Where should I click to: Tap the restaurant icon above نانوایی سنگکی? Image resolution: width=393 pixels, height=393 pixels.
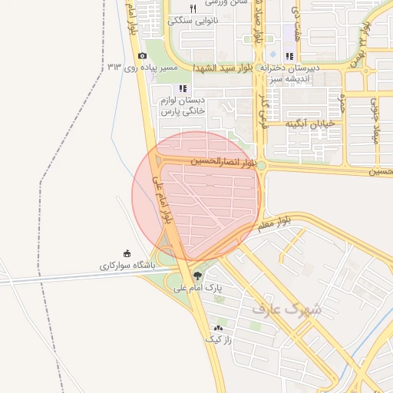(x=193, y=8)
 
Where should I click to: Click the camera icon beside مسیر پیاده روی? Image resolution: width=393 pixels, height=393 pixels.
(x=142, y=56)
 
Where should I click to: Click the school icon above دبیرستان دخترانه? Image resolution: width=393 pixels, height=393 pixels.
(x=289, y=56)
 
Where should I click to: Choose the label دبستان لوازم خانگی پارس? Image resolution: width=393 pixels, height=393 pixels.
(x=183, y=106)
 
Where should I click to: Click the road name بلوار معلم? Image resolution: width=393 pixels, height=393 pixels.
(x=273, y=223)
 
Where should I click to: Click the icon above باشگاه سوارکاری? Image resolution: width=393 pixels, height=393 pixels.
(x=127, y=253)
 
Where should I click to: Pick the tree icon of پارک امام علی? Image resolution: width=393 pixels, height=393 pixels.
(x=199, y=275)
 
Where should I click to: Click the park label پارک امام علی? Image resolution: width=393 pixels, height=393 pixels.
(x=197, y=289)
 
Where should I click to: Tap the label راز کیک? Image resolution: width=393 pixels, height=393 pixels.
(x=218, y=339)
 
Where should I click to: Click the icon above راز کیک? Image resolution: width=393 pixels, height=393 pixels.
(x=218, y=328)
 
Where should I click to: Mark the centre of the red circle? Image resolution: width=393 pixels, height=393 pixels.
(x=196, y=196)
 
